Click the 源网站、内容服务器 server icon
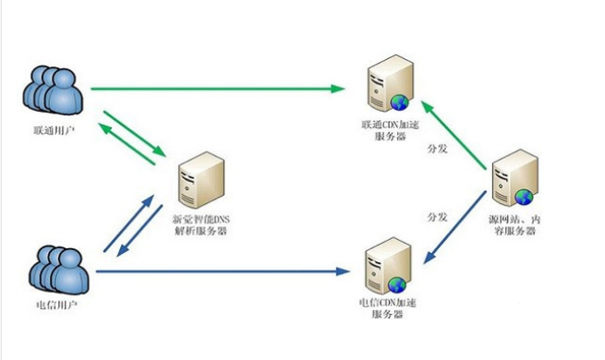tap(513, 181)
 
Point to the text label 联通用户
tap(52, 132)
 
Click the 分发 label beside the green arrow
tap(437, 148)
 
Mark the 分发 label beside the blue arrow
tap(437, 217)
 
